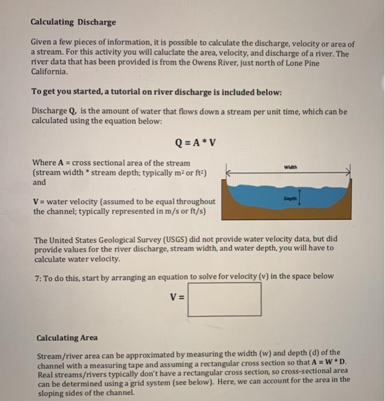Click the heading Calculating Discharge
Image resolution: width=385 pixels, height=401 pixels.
pyautogui.click(x=73, y=22)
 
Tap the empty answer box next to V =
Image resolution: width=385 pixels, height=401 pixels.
pyautogui.click(x=224, y=300)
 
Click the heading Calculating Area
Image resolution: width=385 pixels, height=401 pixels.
pyautogui.click(x=66, y=338)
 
